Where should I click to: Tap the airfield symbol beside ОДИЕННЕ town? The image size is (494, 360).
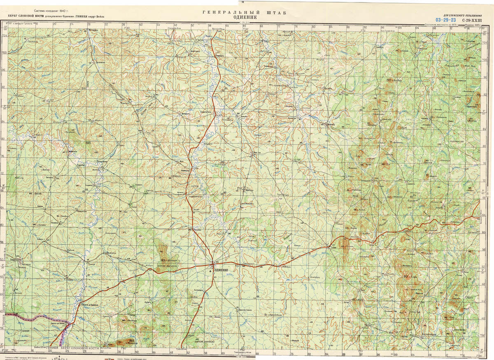point(212,271)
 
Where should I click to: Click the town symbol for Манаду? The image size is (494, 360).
point(327,124)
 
